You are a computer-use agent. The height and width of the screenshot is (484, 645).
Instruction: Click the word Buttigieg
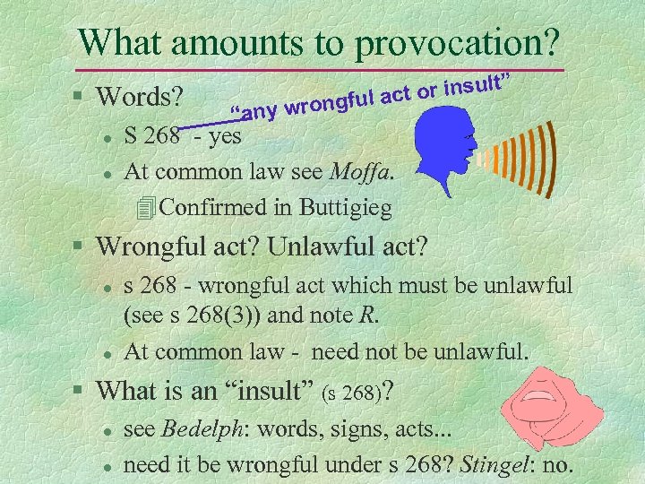coord(344,208)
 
